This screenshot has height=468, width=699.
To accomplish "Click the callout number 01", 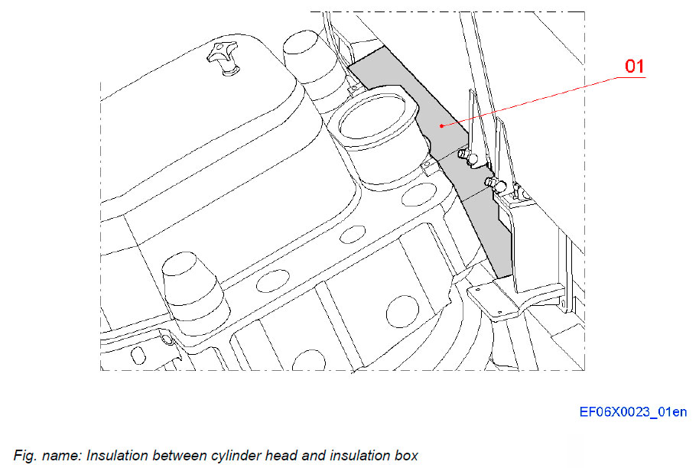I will [x=635, y=67].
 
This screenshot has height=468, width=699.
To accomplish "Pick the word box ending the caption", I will [x=406, y=456].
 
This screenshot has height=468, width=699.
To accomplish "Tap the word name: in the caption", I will [x=63, y=456].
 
